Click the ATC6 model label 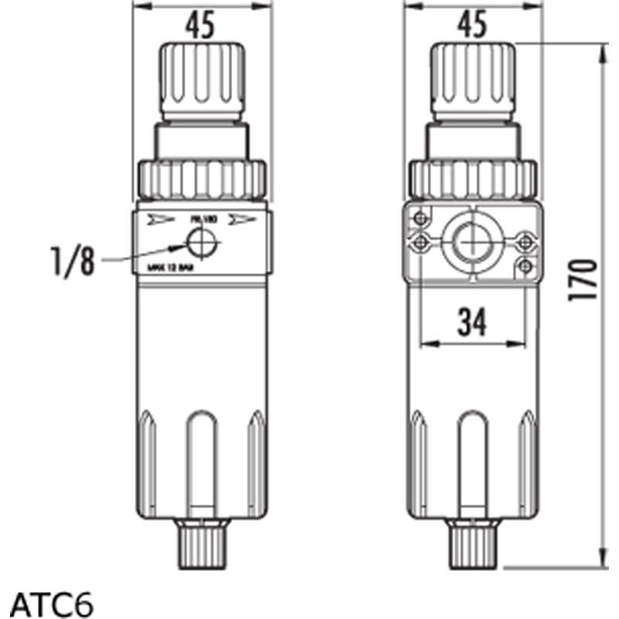53,603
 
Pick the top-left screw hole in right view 420,217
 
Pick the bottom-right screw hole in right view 525,266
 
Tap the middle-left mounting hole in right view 420,242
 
